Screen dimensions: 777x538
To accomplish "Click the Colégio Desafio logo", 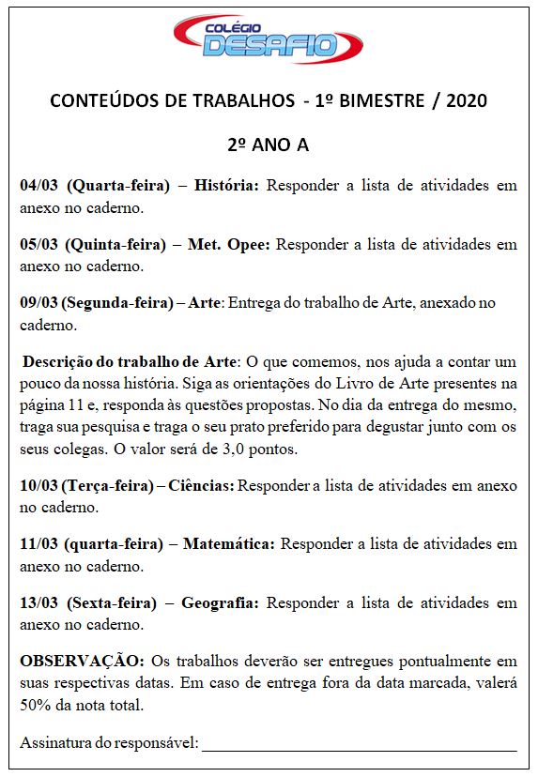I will [268, 39].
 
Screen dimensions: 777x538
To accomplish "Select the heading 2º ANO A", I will [268, 145].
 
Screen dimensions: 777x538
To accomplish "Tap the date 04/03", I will [39, 186].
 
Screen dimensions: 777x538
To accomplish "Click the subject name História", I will [226, 186].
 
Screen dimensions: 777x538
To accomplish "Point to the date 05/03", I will [39, 245].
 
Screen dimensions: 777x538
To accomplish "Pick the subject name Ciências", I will [201, 486].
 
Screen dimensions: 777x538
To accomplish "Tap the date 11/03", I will [39, 545].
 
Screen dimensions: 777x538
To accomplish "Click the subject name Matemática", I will [229, 545].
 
